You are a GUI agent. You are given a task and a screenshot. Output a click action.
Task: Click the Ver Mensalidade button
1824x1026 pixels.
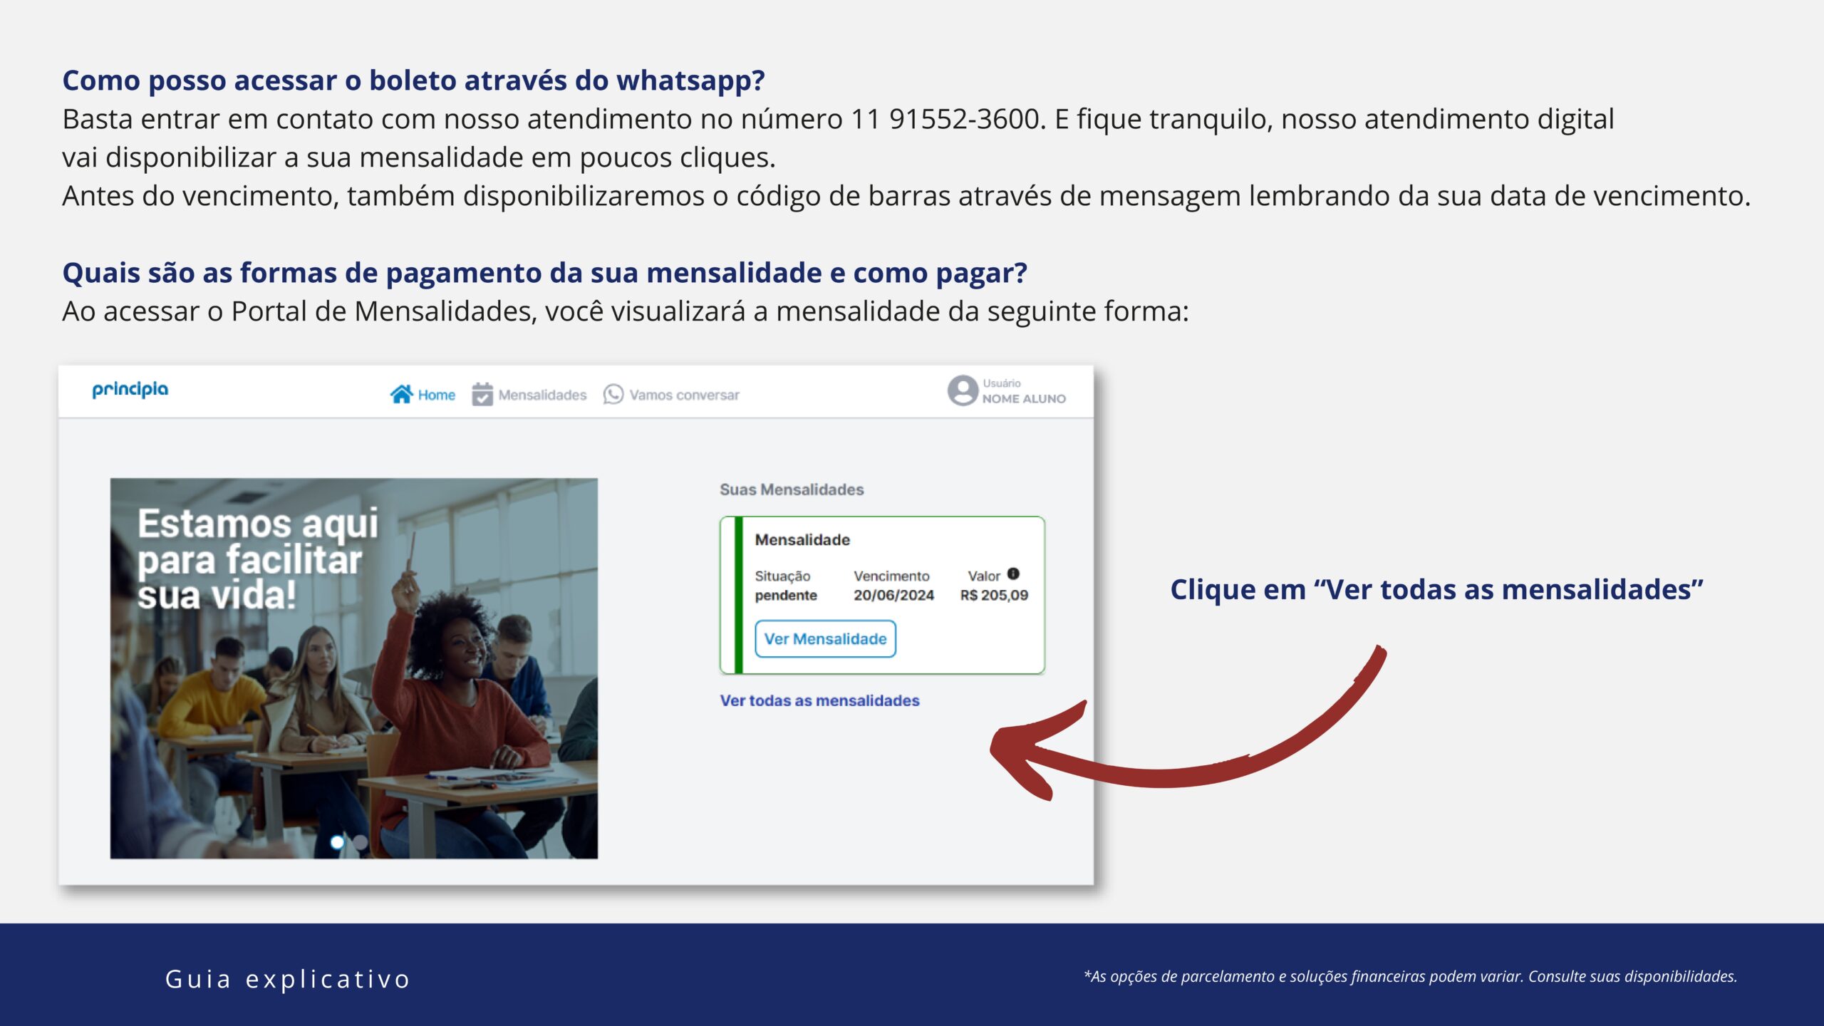[825, 638]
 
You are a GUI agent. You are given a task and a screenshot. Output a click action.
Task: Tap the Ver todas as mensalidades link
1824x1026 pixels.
[819, 700]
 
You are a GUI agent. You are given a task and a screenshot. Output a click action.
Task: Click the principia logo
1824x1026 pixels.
[130, 389]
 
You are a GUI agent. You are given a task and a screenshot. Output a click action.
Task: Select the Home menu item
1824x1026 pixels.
[423, 394]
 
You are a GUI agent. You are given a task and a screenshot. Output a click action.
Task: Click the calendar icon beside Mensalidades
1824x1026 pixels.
[482, 394]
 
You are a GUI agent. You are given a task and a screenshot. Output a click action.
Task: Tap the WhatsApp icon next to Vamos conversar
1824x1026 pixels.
[613, 394]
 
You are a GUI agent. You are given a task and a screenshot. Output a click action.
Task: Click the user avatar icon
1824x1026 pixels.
[963, 390]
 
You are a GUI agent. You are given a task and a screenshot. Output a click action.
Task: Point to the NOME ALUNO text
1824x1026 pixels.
[1024, 399]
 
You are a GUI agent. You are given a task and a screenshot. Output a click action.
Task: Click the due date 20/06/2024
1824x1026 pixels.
[893, 595]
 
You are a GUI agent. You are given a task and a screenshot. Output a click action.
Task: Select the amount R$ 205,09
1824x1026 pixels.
[994, 595]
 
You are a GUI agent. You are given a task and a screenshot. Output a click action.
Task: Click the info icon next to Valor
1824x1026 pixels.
[1013, 574]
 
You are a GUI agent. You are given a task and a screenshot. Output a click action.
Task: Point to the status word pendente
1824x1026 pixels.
[786, 596]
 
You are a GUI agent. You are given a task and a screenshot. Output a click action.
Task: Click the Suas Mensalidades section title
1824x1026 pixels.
[792, 489]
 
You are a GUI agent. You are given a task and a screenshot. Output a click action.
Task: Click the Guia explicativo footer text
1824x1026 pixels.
[288, 979]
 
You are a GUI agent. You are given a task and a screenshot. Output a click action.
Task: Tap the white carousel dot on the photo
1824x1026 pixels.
[337, 842]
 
